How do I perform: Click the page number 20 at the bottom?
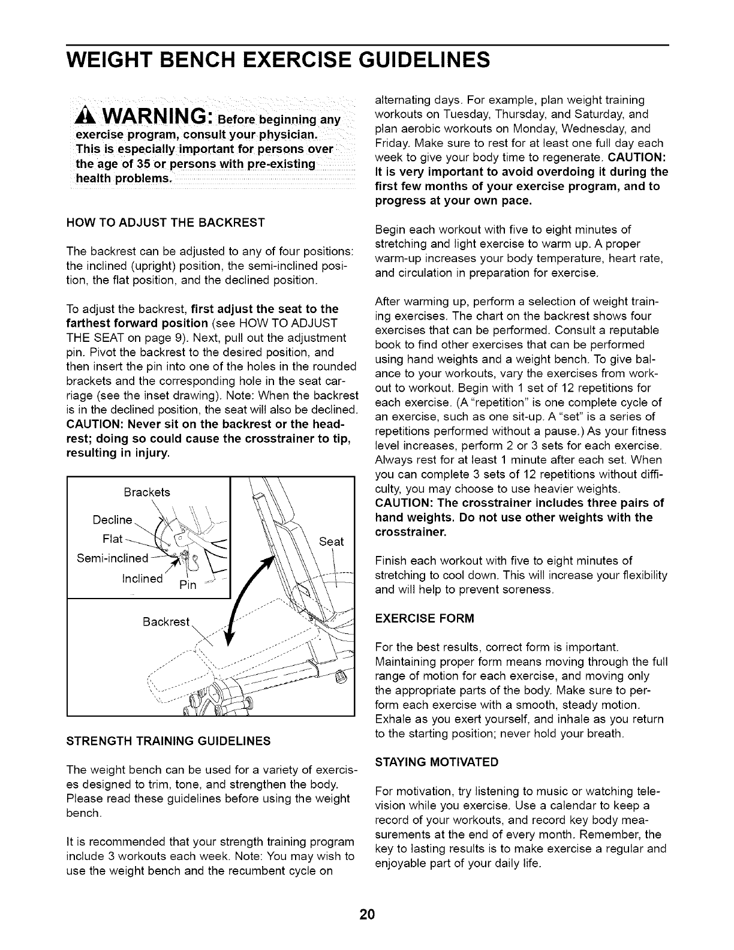[x=367, y=915]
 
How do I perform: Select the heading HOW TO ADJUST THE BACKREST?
[x=165, y=223]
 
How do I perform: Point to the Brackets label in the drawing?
[x=147, y=492]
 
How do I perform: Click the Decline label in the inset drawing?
[x=112, y=519]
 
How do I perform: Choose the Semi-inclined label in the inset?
[x=112, y=558]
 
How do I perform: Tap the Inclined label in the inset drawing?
[x=142, y=578]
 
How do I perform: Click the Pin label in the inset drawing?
[x=188, y=585]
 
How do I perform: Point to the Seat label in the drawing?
[x=332, y=542]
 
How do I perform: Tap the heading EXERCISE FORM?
[x=424, y=618]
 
